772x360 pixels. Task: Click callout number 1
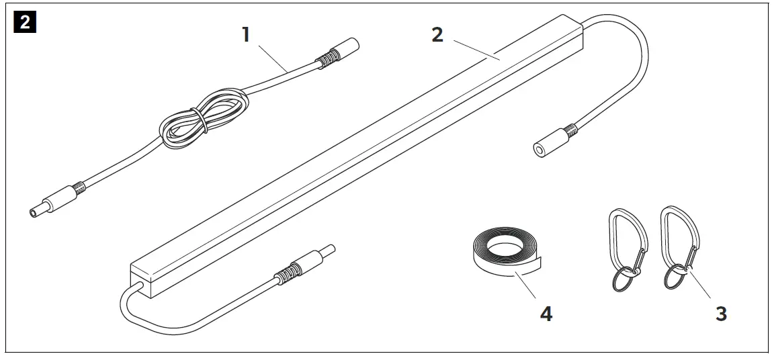pyautogui.click(x=246, y=34)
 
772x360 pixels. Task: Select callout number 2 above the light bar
pyautogui.click(x=437, y=34)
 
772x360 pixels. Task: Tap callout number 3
pyautogui.click(x=720, y=313)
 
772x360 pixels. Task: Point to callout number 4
pyautogui.click(x=546, y=314)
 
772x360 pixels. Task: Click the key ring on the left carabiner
pyautogui.click(x=624, y=280)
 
